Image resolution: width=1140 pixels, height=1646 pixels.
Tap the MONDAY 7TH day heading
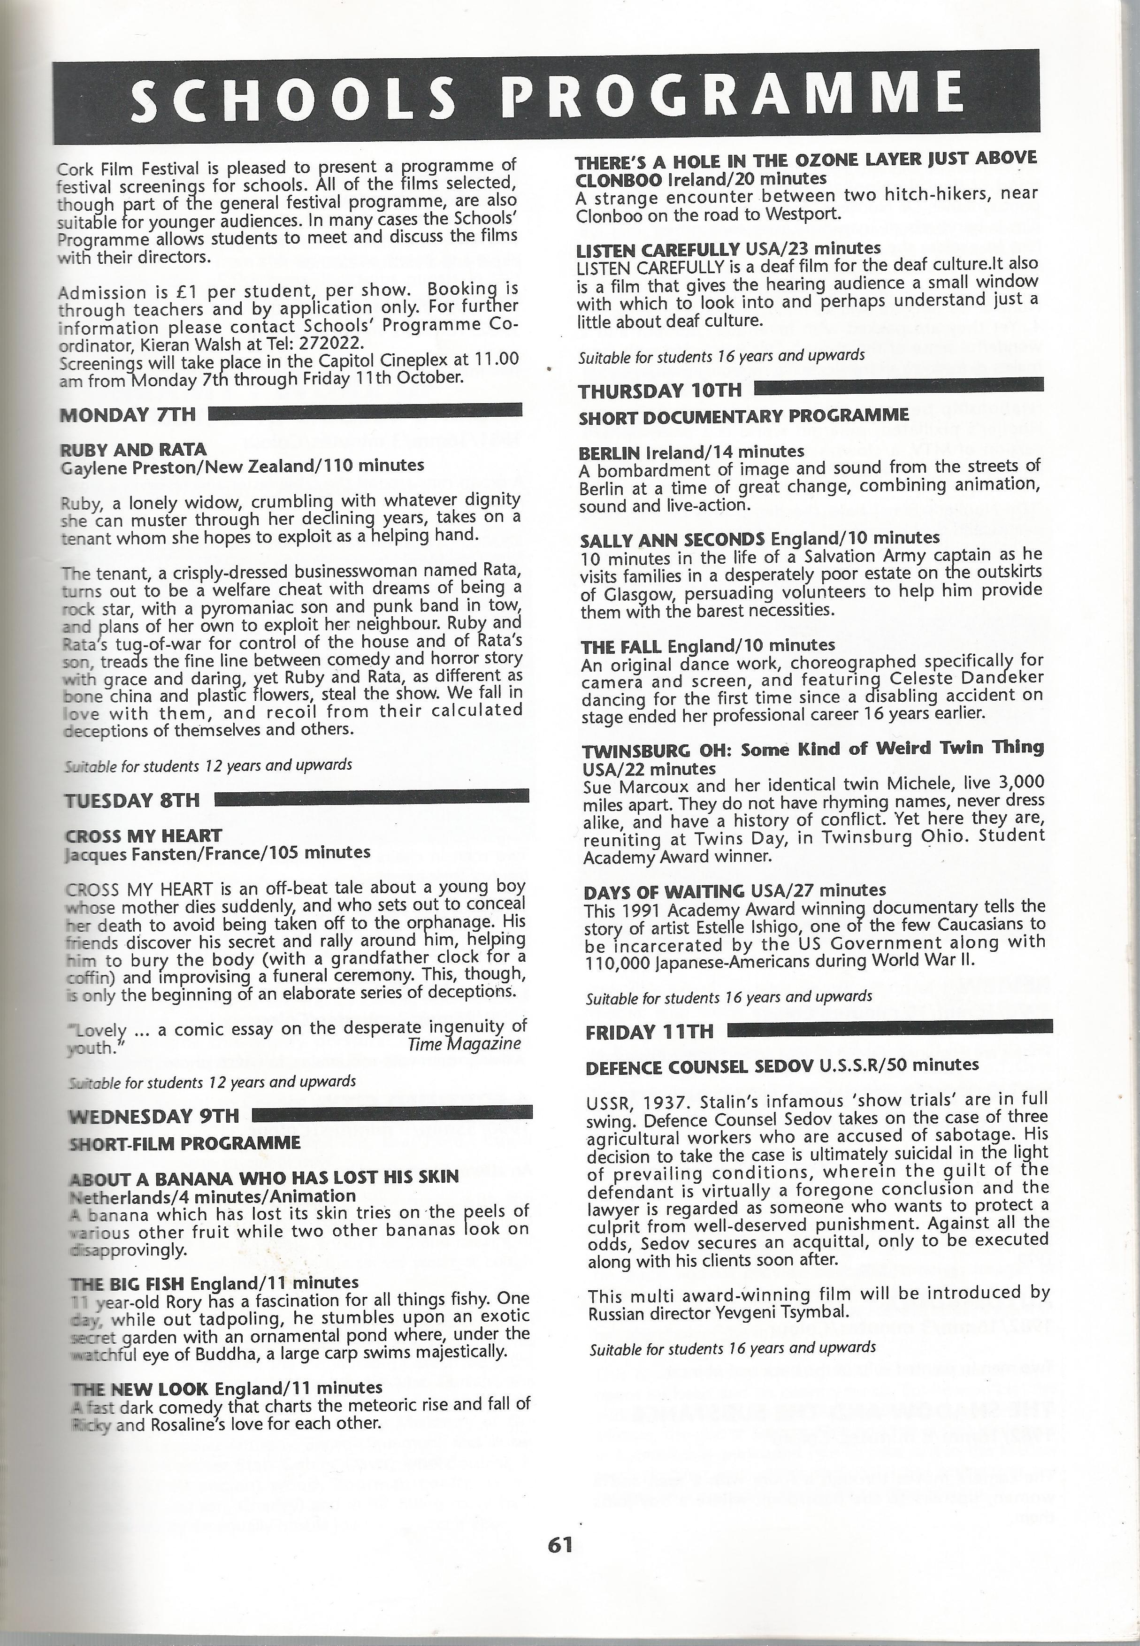pyautogui.click(x=127, y=415)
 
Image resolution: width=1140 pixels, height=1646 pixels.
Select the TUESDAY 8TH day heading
pyautogui.click(x=132, y=801)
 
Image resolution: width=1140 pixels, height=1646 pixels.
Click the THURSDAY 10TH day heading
pyautogui.click(x=660, y=391)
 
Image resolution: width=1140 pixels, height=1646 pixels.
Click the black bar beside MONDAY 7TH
pyautogui.click(x=364, y=411)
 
